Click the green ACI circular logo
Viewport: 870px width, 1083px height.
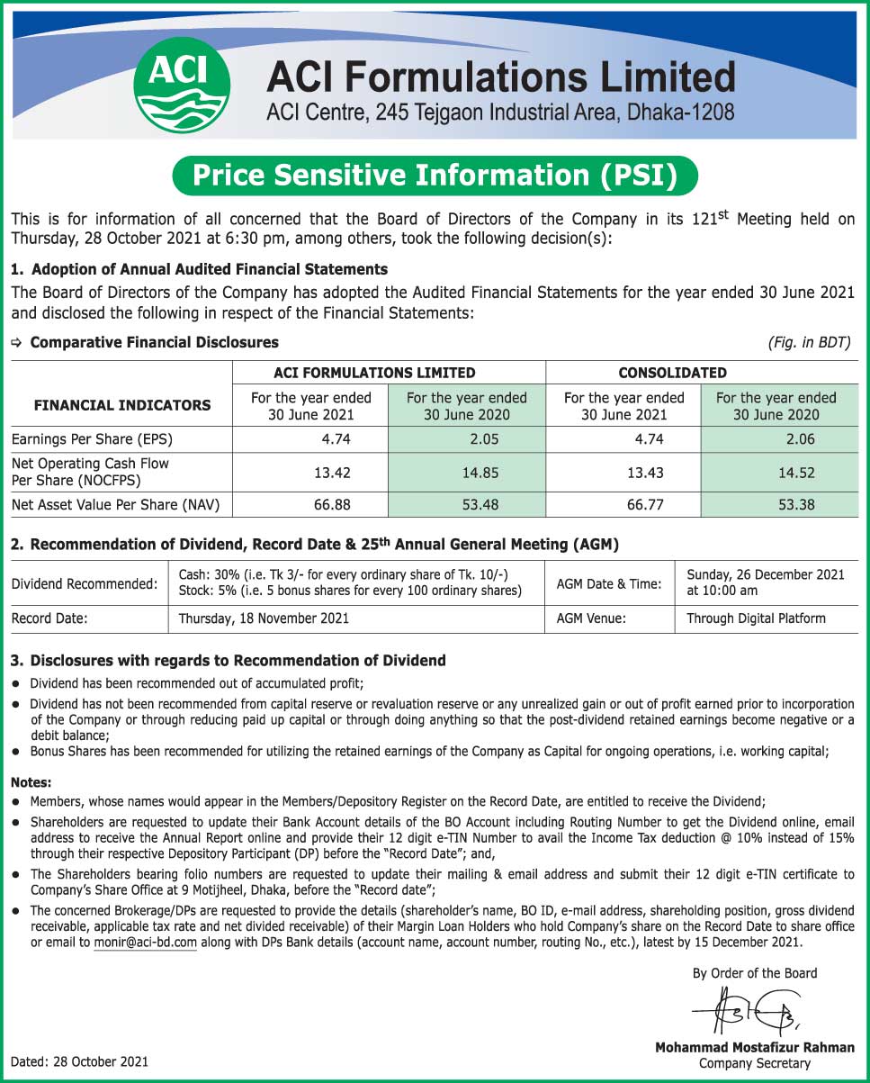pos(181,85)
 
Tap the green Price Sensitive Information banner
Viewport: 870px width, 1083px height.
pos(435,176)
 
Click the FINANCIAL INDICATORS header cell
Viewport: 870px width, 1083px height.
pos(122,405)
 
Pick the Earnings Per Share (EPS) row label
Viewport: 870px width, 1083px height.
pos(92,439)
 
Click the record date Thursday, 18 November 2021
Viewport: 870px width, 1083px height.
pos(264,618)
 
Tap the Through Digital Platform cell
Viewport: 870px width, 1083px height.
pos(756,618)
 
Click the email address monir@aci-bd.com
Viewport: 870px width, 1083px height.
pos(145,943)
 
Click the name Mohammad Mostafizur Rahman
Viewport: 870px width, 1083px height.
pos(754,1047)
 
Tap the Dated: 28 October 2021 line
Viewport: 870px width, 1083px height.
pos(80,1062)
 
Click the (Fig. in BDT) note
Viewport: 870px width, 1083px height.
pos(809,342)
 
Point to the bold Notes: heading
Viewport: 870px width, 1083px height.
pos(31,782)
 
